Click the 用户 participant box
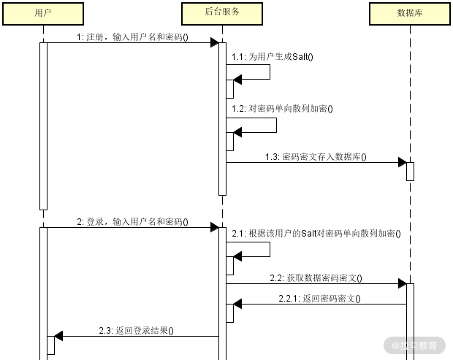43,13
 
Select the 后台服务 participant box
222,13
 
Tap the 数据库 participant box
410,13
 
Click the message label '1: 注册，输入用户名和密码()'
132,37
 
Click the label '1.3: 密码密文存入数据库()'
316,156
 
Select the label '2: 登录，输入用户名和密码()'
132,221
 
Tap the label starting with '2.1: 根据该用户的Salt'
316,234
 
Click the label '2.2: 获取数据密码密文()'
316,277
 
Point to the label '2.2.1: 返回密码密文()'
319,298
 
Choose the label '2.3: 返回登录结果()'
136,330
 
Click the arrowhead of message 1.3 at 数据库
402,162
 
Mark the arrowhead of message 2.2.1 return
237,304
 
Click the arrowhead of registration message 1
215,42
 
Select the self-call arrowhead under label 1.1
237,80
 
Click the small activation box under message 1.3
410,171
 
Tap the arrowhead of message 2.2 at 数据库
402,283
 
